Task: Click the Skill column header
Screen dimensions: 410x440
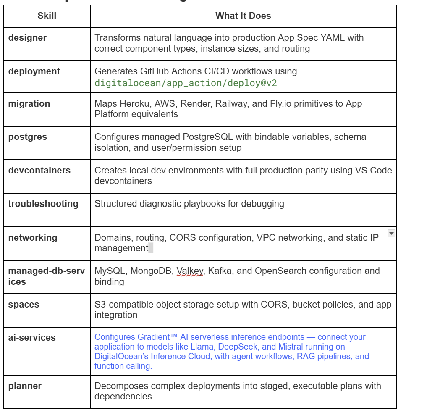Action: point(47,16)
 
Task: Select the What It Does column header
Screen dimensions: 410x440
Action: point(243,16)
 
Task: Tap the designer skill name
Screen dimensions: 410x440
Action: point(27,37)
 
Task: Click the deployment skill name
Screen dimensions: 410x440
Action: point(34,71)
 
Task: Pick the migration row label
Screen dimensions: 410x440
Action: point(29,103)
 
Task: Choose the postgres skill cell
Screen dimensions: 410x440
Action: point(28,137)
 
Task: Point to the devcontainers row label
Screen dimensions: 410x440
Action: point(39,170)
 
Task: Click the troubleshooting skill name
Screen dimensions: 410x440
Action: point(43,204)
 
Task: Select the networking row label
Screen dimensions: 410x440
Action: point(33,237)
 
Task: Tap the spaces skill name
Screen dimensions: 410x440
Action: point(24,305)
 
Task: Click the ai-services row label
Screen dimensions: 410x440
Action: point(32,337)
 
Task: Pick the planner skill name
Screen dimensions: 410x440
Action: point(25,386)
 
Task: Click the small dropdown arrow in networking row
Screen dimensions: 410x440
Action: point(391,234)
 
